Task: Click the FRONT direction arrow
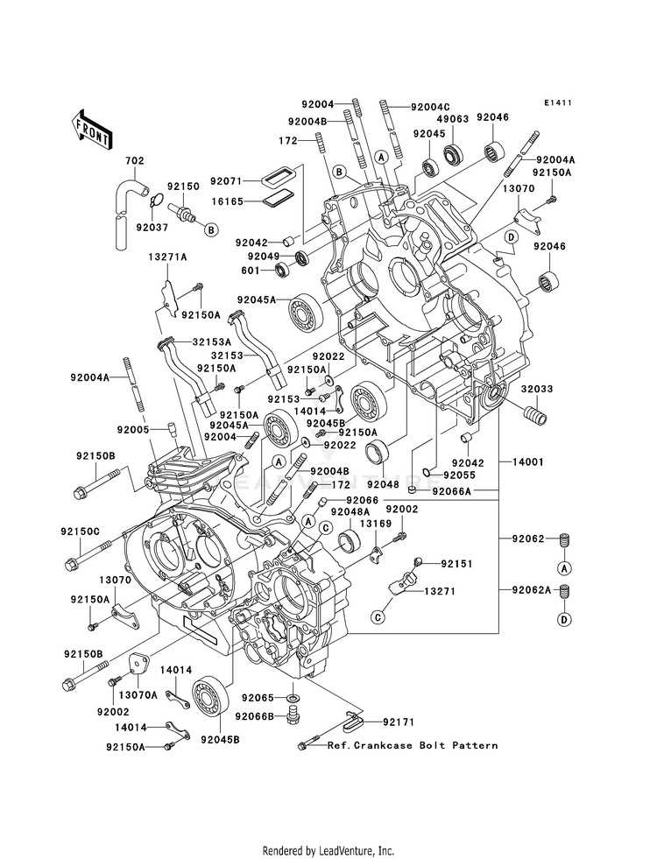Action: tap(91, 130)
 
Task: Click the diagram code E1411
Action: tap(558, 102)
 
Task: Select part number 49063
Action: tap(453, 119)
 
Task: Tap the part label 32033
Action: tap(537, 389)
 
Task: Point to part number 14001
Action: tap(528, 462)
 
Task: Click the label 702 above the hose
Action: tap(134, 160)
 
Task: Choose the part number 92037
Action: tap(152, 228)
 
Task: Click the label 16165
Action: tap(228, 201)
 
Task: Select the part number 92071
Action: tap(228, 180)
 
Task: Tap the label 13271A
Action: tap(167, 257)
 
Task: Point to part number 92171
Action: tap(399, 722)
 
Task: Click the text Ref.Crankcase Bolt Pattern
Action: tap(413, 745)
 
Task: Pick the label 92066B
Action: tap(255, 716)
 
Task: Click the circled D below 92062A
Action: tap(564, 620)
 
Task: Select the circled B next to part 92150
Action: tap(211, 230)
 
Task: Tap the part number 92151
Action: tap(456, 563)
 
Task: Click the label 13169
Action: tap(375, 524)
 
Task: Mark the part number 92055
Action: tap(459, 475)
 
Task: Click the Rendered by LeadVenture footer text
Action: tap(328, 851)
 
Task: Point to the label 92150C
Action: tap(81, 532)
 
